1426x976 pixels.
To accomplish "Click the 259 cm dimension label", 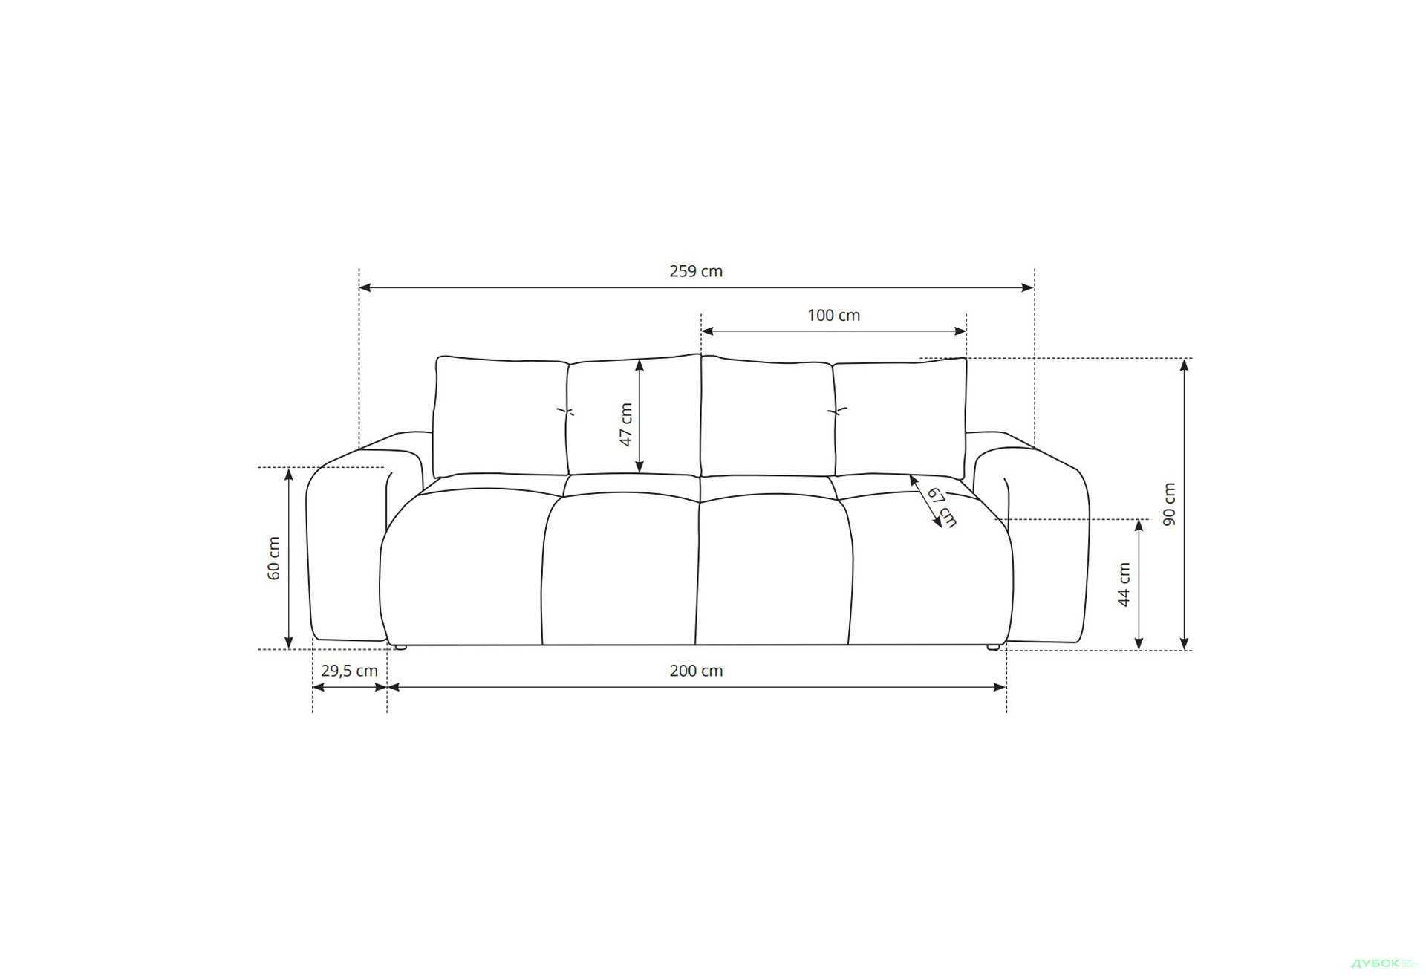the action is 695,271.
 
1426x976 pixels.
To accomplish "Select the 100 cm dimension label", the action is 833,315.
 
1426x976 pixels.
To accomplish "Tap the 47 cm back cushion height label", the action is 626,424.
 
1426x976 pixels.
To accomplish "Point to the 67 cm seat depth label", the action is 942,507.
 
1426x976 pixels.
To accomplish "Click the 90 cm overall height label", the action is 1169,504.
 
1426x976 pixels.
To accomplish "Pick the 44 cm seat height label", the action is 1124,585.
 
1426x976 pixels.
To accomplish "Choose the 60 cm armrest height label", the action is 274,558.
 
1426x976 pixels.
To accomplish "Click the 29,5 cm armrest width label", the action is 349,671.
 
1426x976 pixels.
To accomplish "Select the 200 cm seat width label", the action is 696,671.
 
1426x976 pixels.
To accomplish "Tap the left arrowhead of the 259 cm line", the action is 365,287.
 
